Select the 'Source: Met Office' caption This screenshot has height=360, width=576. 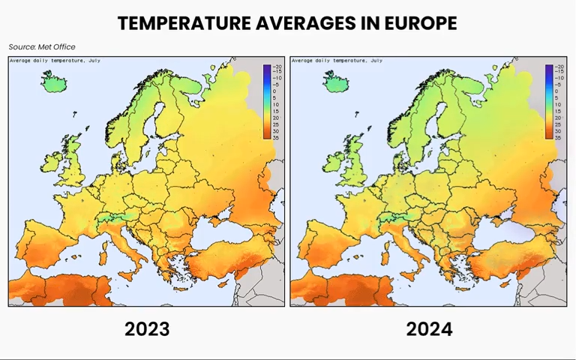point(42,47)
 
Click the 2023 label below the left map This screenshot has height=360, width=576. point(147,328)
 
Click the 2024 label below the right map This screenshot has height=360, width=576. point(429,328)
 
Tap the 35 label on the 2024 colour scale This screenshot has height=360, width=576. point(558,137)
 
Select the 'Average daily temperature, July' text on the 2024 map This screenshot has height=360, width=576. point(337,60)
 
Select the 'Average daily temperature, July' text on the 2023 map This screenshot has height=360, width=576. point(55,60)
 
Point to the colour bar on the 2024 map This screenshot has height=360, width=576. point(548,101)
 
